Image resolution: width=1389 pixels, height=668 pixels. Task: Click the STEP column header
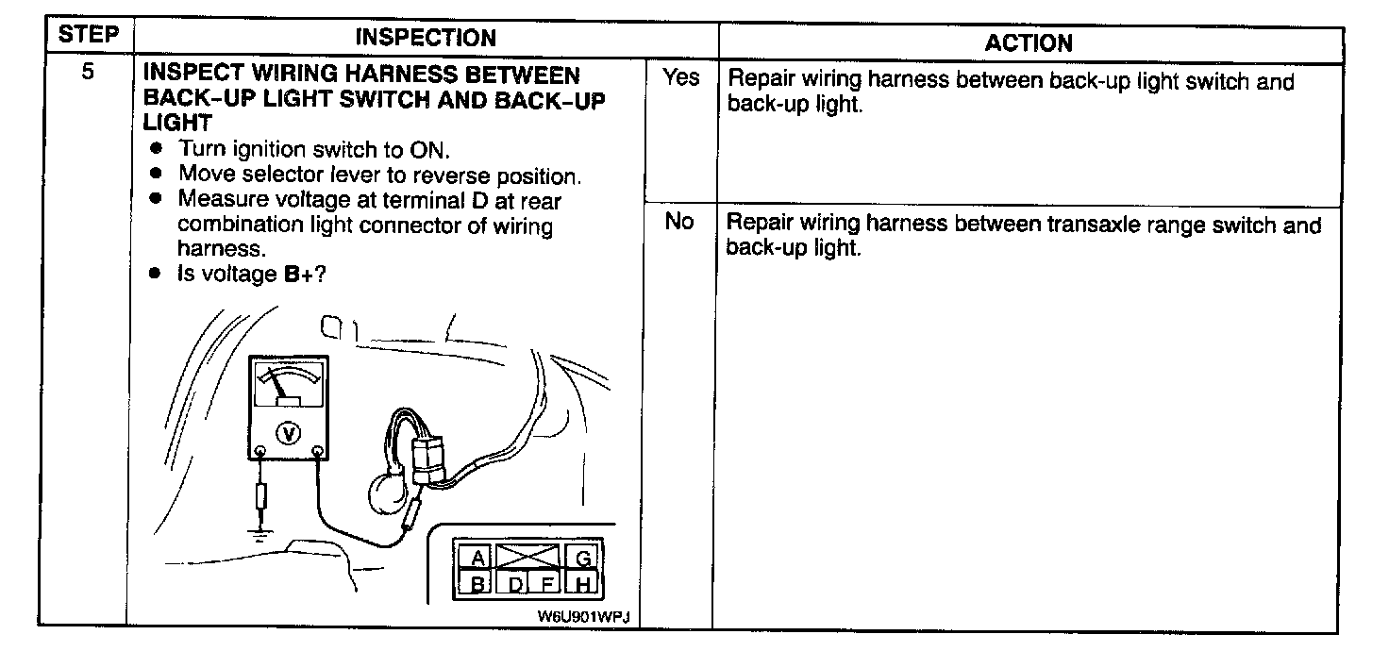pyautogui.click(x=88, y=36)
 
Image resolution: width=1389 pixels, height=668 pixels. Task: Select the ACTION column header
pyautogui.click(x=1029, y=43)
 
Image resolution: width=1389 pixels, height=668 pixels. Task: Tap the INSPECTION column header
pyautogui.click(x=425, y=38)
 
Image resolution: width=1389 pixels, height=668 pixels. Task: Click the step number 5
pyautogui.click(x=87, y=73)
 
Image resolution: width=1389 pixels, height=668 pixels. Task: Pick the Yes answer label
pyautogui.click(x=680, y=77)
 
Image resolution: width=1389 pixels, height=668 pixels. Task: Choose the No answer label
pyautogui.click(x=679, y=222)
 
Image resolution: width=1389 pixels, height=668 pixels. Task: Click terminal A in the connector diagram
pyautogui.click(x=478, y=559)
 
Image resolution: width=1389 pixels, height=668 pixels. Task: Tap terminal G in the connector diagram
pyautogui.click(x=583, y=559)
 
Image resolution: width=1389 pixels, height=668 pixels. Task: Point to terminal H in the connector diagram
pyautogui.click(x=583, y=585)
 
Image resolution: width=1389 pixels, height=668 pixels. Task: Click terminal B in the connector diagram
pyautogui.click(x=478, y=585)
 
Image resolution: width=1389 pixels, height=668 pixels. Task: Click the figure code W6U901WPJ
pyautogui.click(x=583, y=615)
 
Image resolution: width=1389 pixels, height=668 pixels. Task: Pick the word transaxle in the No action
pyautogui.click(x=1101, y=225)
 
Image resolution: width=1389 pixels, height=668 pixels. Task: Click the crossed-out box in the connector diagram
pyautogui.click(x=528, y=557)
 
